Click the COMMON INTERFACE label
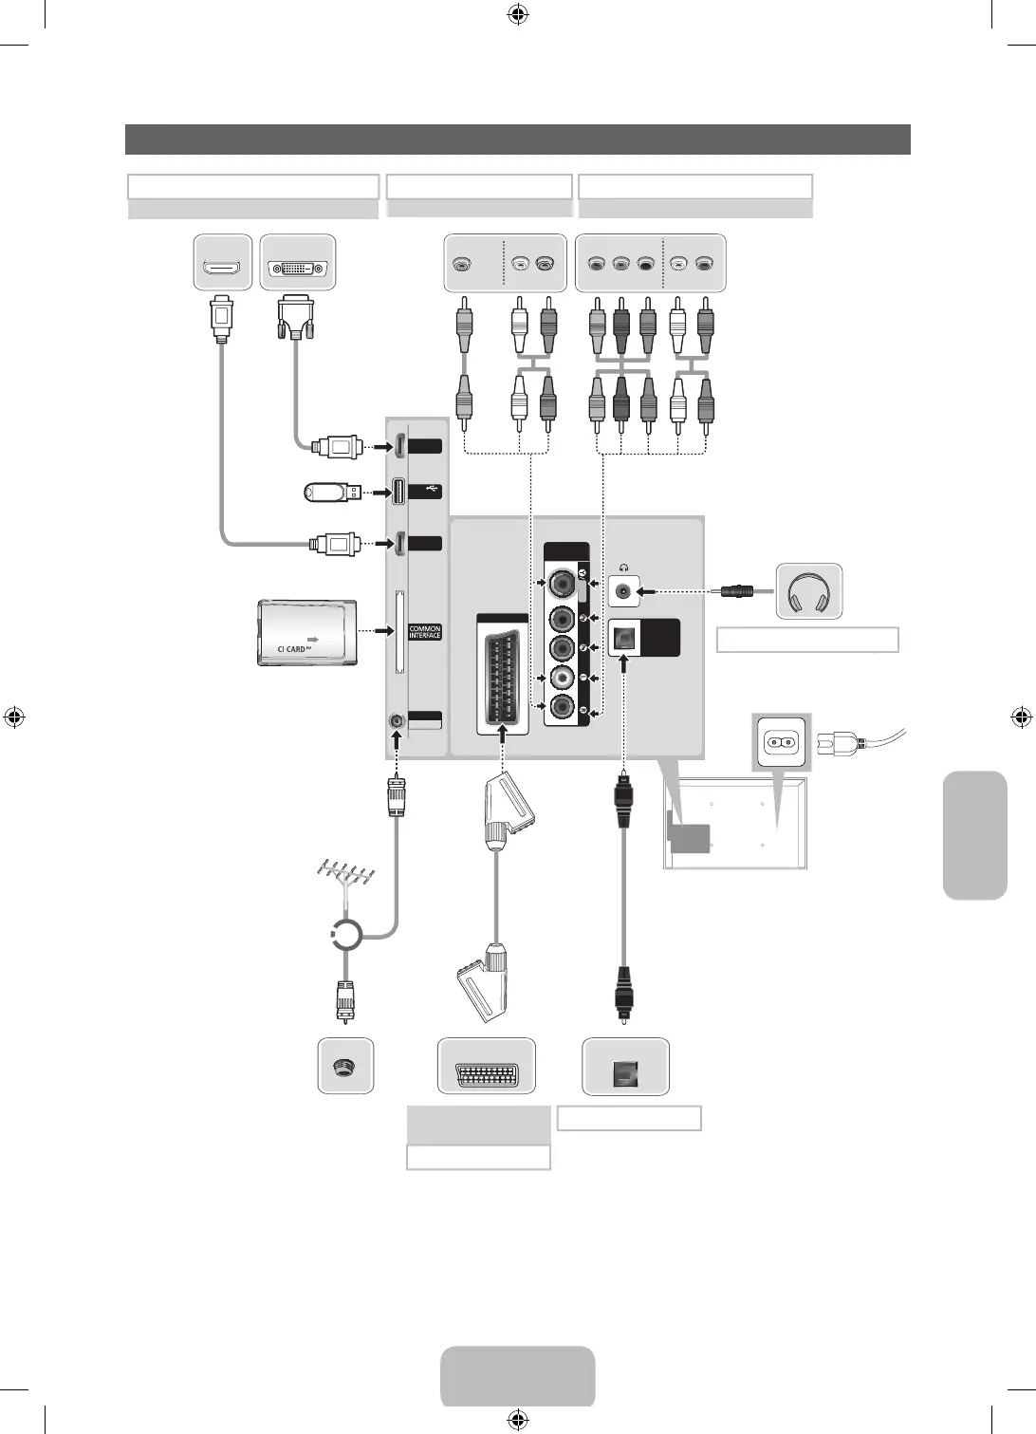(x=425, y=632)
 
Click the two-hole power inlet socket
(x=784, y=741)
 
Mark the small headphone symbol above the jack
(x=624, y=567)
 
